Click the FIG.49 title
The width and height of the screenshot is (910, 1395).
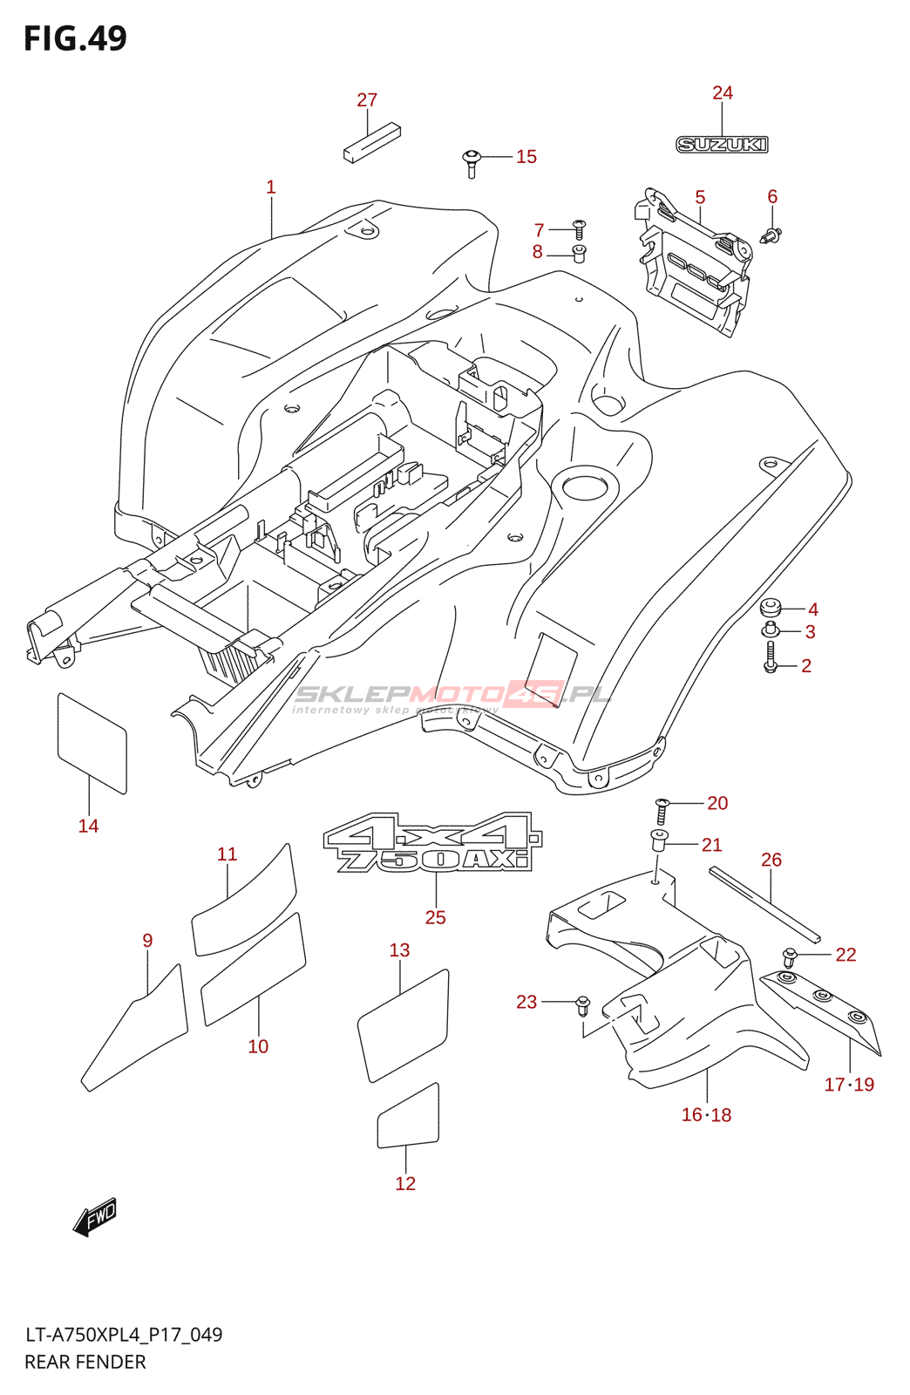(x=75, y=38)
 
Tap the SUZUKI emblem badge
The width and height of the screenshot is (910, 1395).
(x=722, y=145)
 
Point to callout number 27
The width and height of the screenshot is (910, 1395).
(x=367, y=100)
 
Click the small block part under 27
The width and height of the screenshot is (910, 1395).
(x=371, y=143)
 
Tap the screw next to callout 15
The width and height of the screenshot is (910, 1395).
(x=472, y=162)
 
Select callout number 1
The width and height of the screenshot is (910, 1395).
(x=271, y=187)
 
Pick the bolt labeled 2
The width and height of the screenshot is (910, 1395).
(x=771, y=657)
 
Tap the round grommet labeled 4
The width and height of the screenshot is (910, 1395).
(x=770, y=608)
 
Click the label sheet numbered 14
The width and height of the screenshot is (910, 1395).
(x=92, y=743)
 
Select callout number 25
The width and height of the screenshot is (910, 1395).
(x=435, y=917)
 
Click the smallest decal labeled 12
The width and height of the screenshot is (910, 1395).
(x=408, y=1118)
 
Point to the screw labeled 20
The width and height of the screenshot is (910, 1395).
(x=662, y=811)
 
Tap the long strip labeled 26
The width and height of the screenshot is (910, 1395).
(x=764, y=904)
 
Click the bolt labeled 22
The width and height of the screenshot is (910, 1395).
(x=790, y=957)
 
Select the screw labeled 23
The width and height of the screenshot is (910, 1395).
(x=583, y=1006)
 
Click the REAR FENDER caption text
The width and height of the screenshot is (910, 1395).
(x=85, y=1362)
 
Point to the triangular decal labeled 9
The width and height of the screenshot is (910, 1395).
(x=139, y=1029)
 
